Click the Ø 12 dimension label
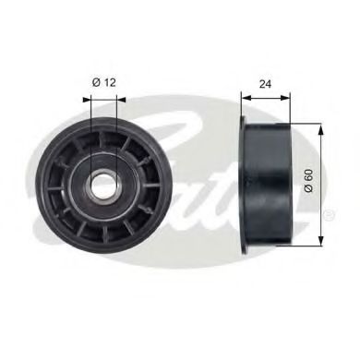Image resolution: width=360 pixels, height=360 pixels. point(102,82)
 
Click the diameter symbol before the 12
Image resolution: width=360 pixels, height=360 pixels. point(95,82)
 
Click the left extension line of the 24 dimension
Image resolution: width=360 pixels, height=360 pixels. point(240,103)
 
